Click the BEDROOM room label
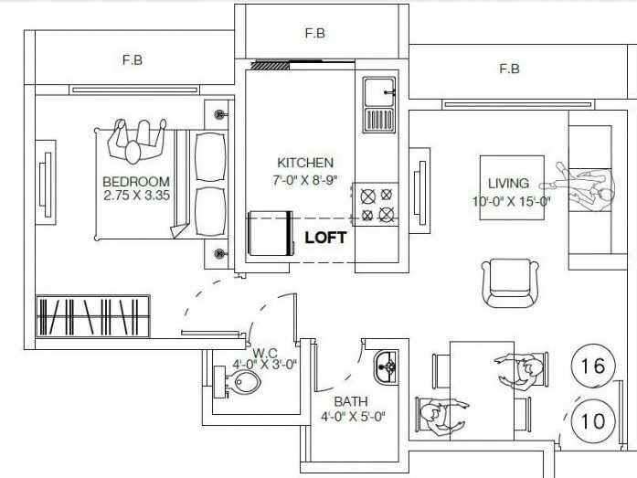pos(136,181)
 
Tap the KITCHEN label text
pos(305,163)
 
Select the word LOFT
pos(325,238)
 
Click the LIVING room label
pos(508,184)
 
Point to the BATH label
pos(351,401)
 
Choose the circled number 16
pos(592,366)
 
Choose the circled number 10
pos(592,421)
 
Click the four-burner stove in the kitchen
pos(377,205)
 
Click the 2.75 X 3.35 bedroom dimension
pos(136,196)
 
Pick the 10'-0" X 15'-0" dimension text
pos(511,202)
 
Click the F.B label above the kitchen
pos(315,34)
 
